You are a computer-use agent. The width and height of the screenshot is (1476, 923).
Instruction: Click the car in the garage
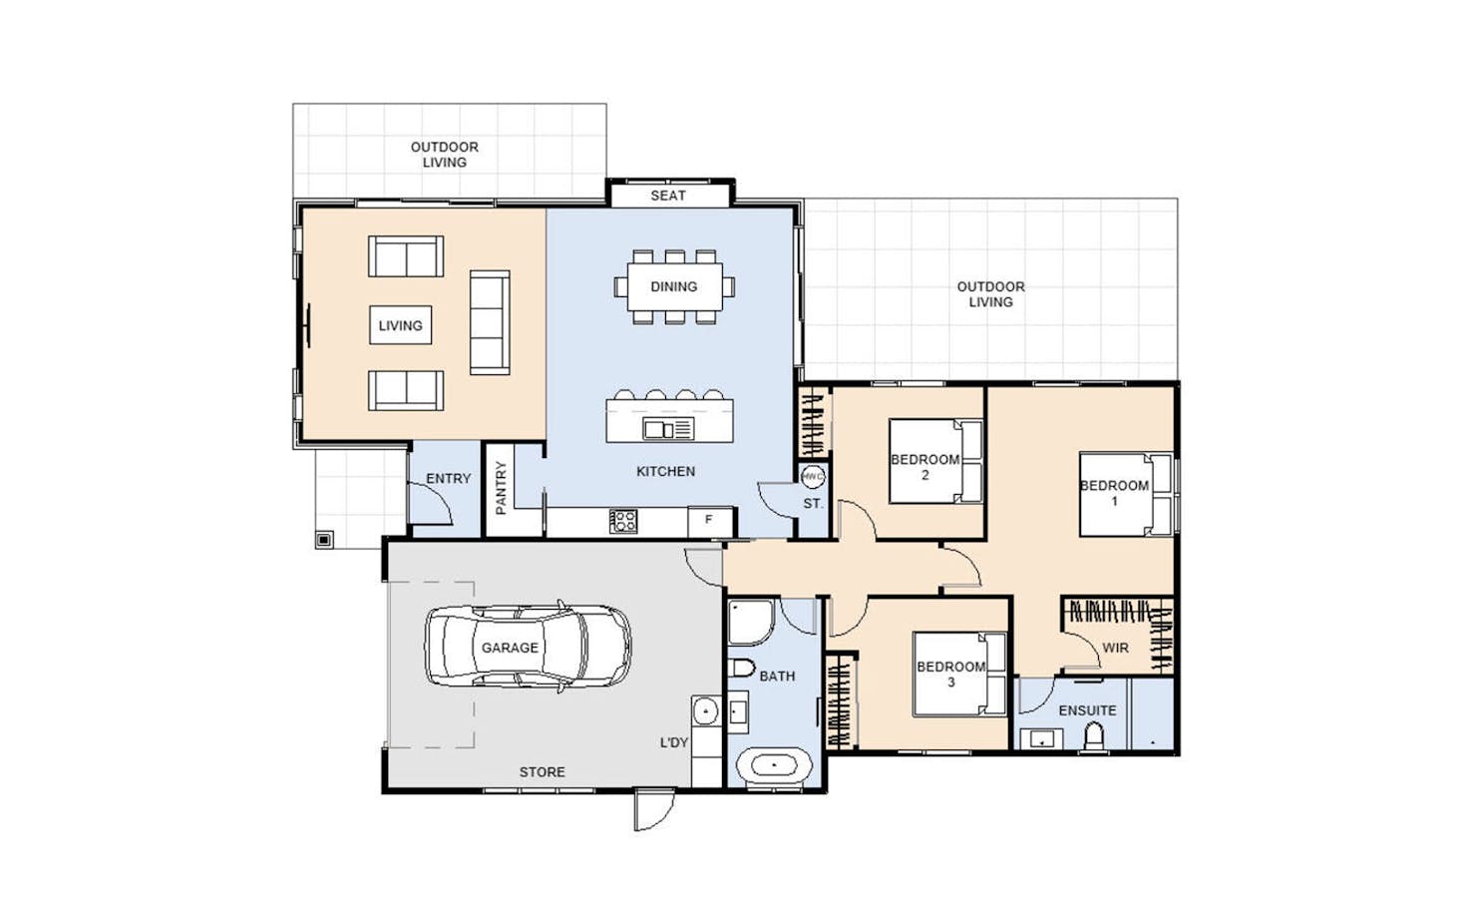coord(528,647)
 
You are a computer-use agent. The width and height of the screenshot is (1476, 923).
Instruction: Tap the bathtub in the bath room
coord(774,765)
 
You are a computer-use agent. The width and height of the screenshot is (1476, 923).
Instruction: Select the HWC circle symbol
coord(813,476)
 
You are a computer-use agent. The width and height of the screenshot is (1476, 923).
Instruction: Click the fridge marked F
coord(710,522)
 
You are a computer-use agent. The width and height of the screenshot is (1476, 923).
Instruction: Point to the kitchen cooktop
coord(623,521)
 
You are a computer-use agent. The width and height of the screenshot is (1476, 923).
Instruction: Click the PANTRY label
coord(501,487)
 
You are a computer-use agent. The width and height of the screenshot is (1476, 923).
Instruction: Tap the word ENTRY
coord(448,479)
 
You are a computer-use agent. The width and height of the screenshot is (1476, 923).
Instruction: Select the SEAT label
coord(668,196)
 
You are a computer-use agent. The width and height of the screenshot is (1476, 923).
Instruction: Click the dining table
coord(674,286)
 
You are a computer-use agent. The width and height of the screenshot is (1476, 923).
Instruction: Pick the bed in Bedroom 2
coord(935,461)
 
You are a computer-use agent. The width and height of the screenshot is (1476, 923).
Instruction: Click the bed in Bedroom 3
coord(959,675)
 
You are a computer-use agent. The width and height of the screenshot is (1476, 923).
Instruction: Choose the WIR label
coord(1115,648)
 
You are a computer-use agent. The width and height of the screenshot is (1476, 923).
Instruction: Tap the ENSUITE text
coord(1087,710)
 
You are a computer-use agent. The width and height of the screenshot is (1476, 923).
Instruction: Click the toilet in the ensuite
coord(1094,736)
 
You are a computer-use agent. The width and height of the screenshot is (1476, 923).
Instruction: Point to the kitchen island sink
coord(668,429)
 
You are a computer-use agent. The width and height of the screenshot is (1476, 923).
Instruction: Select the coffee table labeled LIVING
coord(401,325)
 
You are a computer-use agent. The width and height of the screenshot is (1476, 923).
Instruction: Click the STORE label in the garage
coord(542,772)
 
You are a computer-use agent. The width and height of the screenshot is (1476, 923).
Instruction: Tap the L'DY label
coord(674,743)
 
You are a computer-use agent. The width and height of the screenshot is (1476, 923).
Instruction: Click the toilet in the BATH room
coord(741,668)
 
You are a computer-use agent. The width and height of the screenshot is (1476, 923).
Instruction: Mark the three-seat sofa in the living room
coord(490,322)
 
